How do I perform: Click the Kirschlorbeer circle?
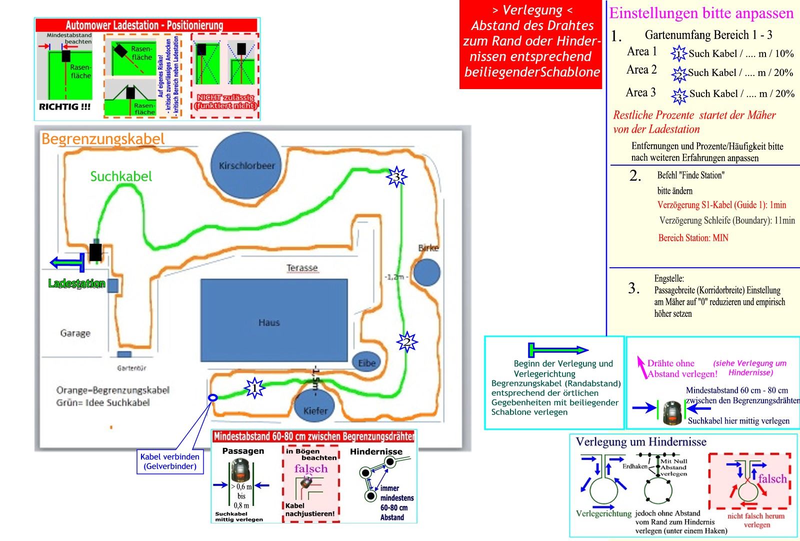[246, 165]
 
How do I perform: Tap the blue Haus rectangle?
[274, 320]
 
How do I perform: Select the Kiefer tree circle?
[315, 408]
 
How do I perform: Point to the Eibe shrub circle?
[366, 363]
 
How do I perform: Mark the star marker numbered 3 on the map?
[396, 177]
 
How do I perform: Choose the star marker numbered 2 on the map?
[407, 342]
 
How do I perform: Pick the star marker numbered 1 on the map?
[254, 388]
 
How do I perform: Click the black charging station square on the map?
[95, 252]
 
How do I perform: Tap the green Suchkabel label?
[121, 176]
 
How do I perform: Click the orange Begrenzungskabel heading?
[103, 139]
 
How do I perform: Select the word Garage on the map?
[75, 333]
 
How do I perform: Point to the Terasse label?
[302, 268]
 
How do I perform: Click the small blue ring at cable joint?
[212, 397]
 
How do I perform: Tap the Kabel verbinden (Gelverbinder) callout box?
[170, 461]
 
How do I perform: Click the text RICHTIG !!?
[64, 107]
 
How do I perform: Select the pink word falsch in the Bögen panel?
[311, 469]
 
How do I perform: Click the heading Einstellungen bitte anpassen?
[701, 13]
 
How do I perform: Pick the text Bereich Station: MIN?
[693, 238]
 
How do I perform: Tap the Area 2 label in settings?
[641, 70]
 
